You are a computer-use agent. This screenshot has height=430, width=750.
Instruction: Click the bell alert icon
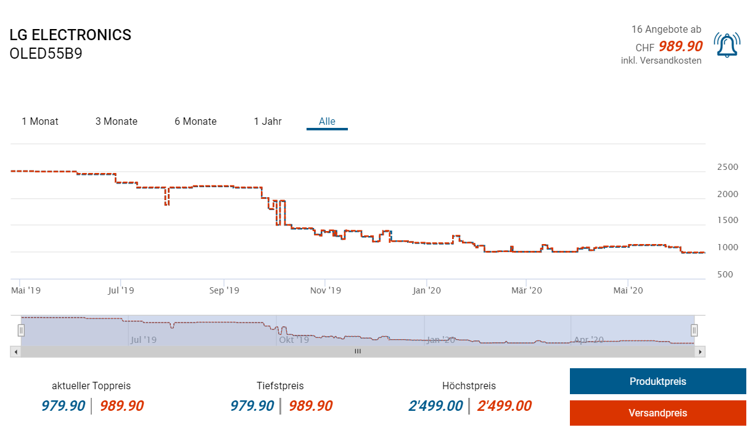tap(727, 45)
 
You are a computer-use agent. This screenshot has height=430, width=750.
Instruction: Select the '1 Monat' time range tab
tap(40, 121)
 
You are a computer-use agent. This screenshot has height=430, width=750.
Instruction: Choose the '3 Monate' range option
tap(117, 121)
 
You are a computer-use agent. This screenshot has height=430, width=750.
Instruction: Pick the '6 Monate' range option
tap(196, 121)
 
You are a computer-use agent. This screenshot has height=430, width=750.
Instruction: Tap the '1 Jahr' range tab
tap(268, 121)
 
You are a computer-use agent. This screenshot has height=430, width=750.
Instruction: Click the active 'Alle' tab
tap(327, 121)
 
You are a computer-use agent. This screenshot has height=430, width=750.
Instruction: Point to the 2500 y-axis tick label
tap(727, 167)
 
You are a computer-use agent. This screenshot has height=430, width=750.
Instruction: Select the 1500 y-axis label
tap(727, 221)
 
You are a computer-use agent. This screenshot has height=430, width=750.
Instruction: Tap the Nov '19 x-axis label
tap(326, 290)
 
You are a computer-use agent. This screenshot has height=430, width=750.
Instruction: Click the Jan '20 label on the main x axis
tap(427, 290)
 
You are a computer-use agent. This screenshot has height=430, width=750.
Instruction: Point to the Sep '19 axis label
tap(224, 290)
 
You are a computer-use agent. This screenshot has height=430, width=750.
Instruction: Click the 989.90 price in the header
tap(680, 46)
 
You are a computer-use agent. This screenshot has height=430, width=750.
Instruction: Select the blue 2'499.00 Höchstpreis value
tap(435, 406)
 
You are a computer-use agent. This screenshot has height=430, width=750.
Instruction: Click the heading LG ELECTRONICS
tap(70, 35)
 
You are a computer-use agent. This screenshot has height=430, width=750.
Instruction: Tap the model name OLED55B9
tap(46, 54)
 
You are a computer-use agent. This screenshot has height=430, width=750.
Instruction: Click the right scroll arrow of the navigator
tap(699, 352)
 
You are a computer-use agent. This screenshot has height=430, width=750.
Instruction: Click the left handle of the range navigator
tap(21, 331)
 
